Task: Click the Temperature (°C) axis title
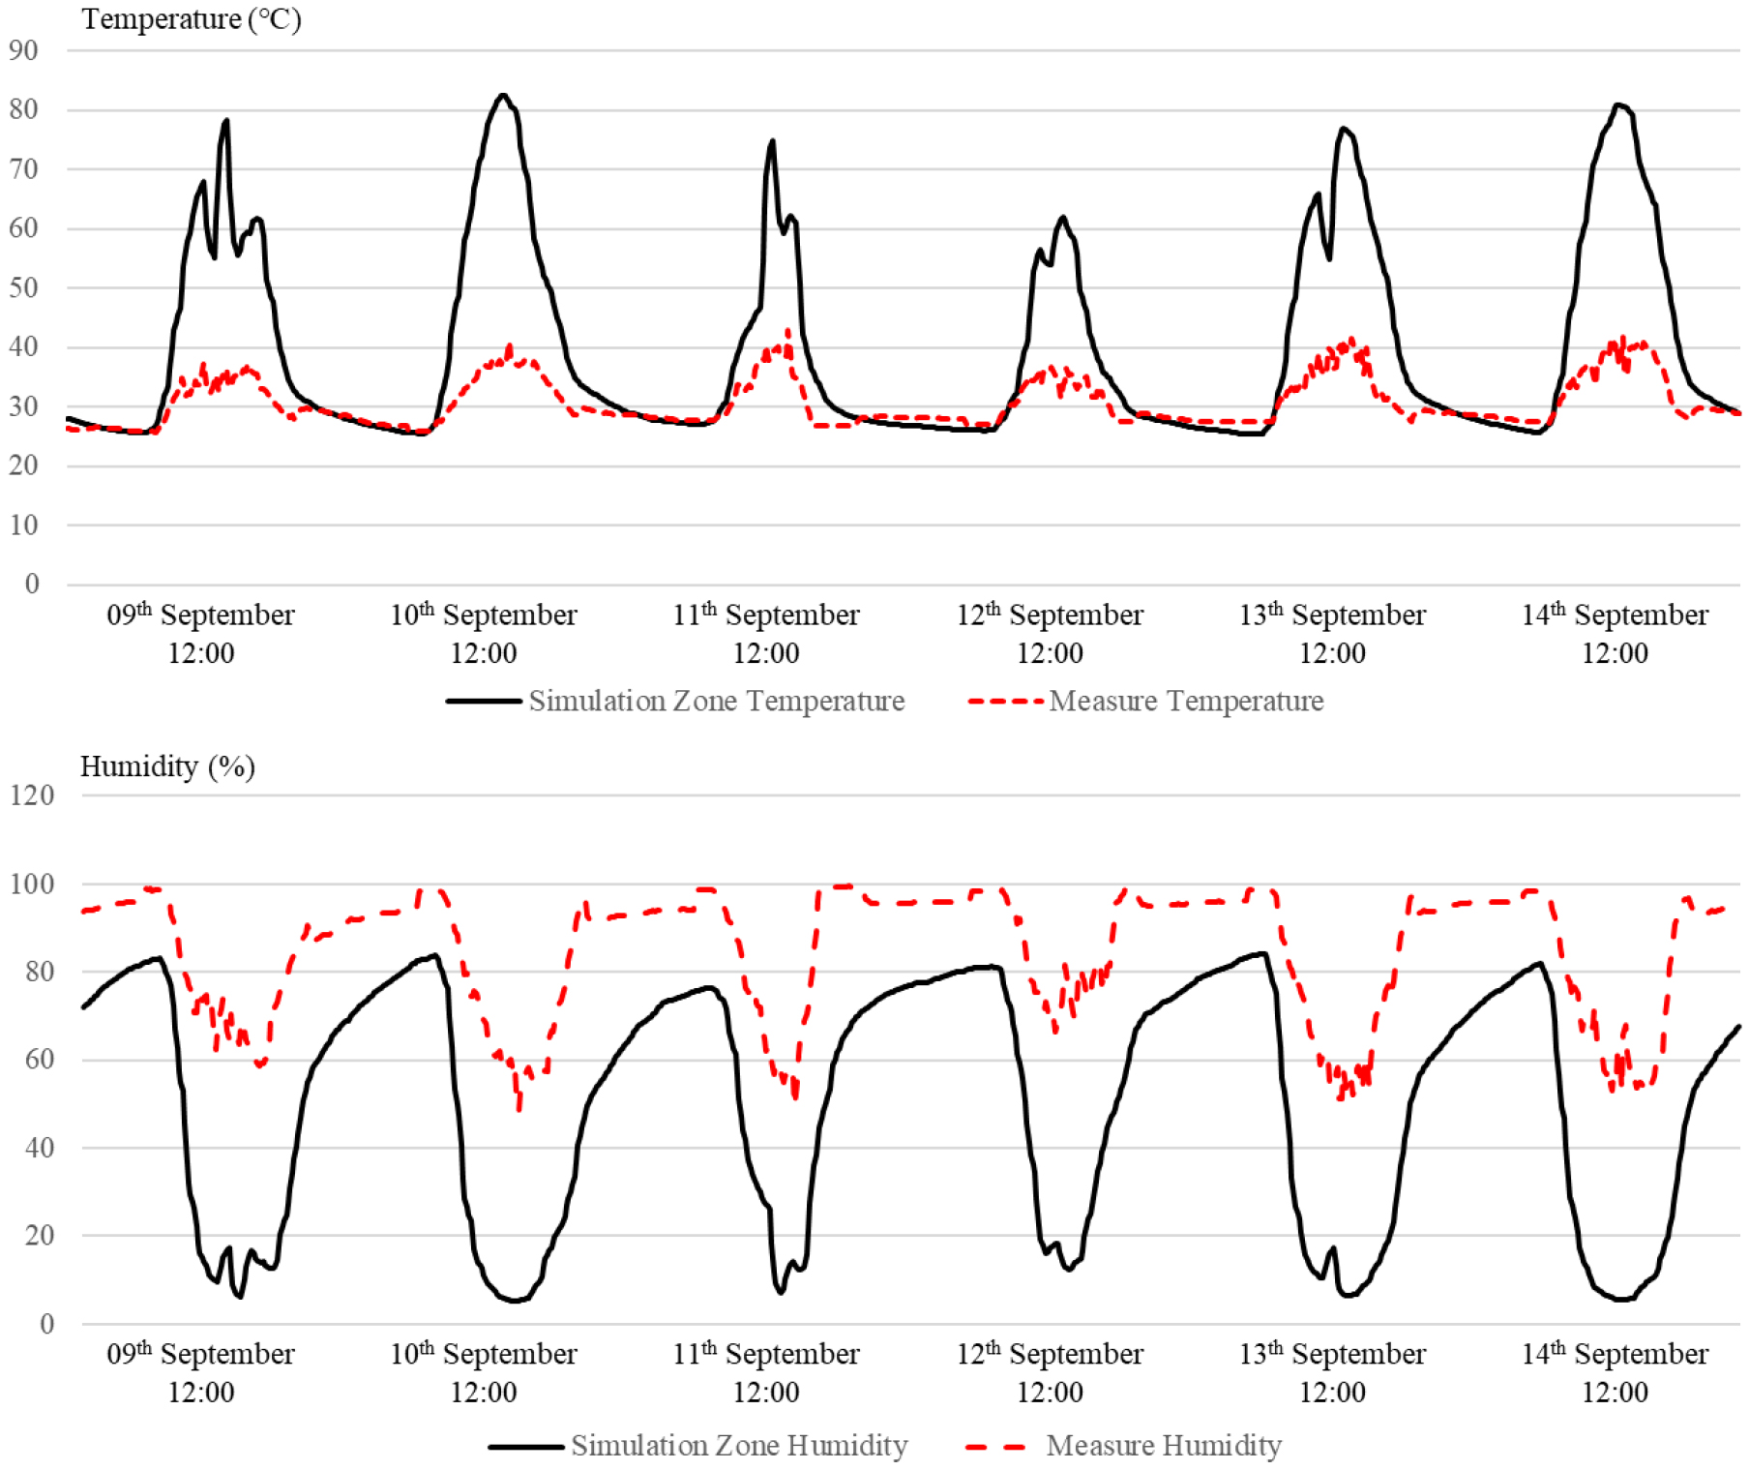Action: [191, 19]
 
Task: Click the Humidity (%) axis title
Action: [166, 766]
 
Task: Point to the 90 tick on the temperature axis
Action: [23, 50]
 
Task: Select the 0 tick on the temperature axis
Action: [32, 584]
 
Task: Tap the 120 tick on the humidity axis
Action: [32, 795]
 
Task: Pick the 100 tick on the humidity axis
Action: [32, 884]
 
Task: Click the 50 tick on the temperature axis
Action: [23, 287]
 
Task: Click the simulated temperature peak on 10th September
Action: [502, 95]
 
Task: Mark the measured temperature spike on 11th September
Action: [787, 331]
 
